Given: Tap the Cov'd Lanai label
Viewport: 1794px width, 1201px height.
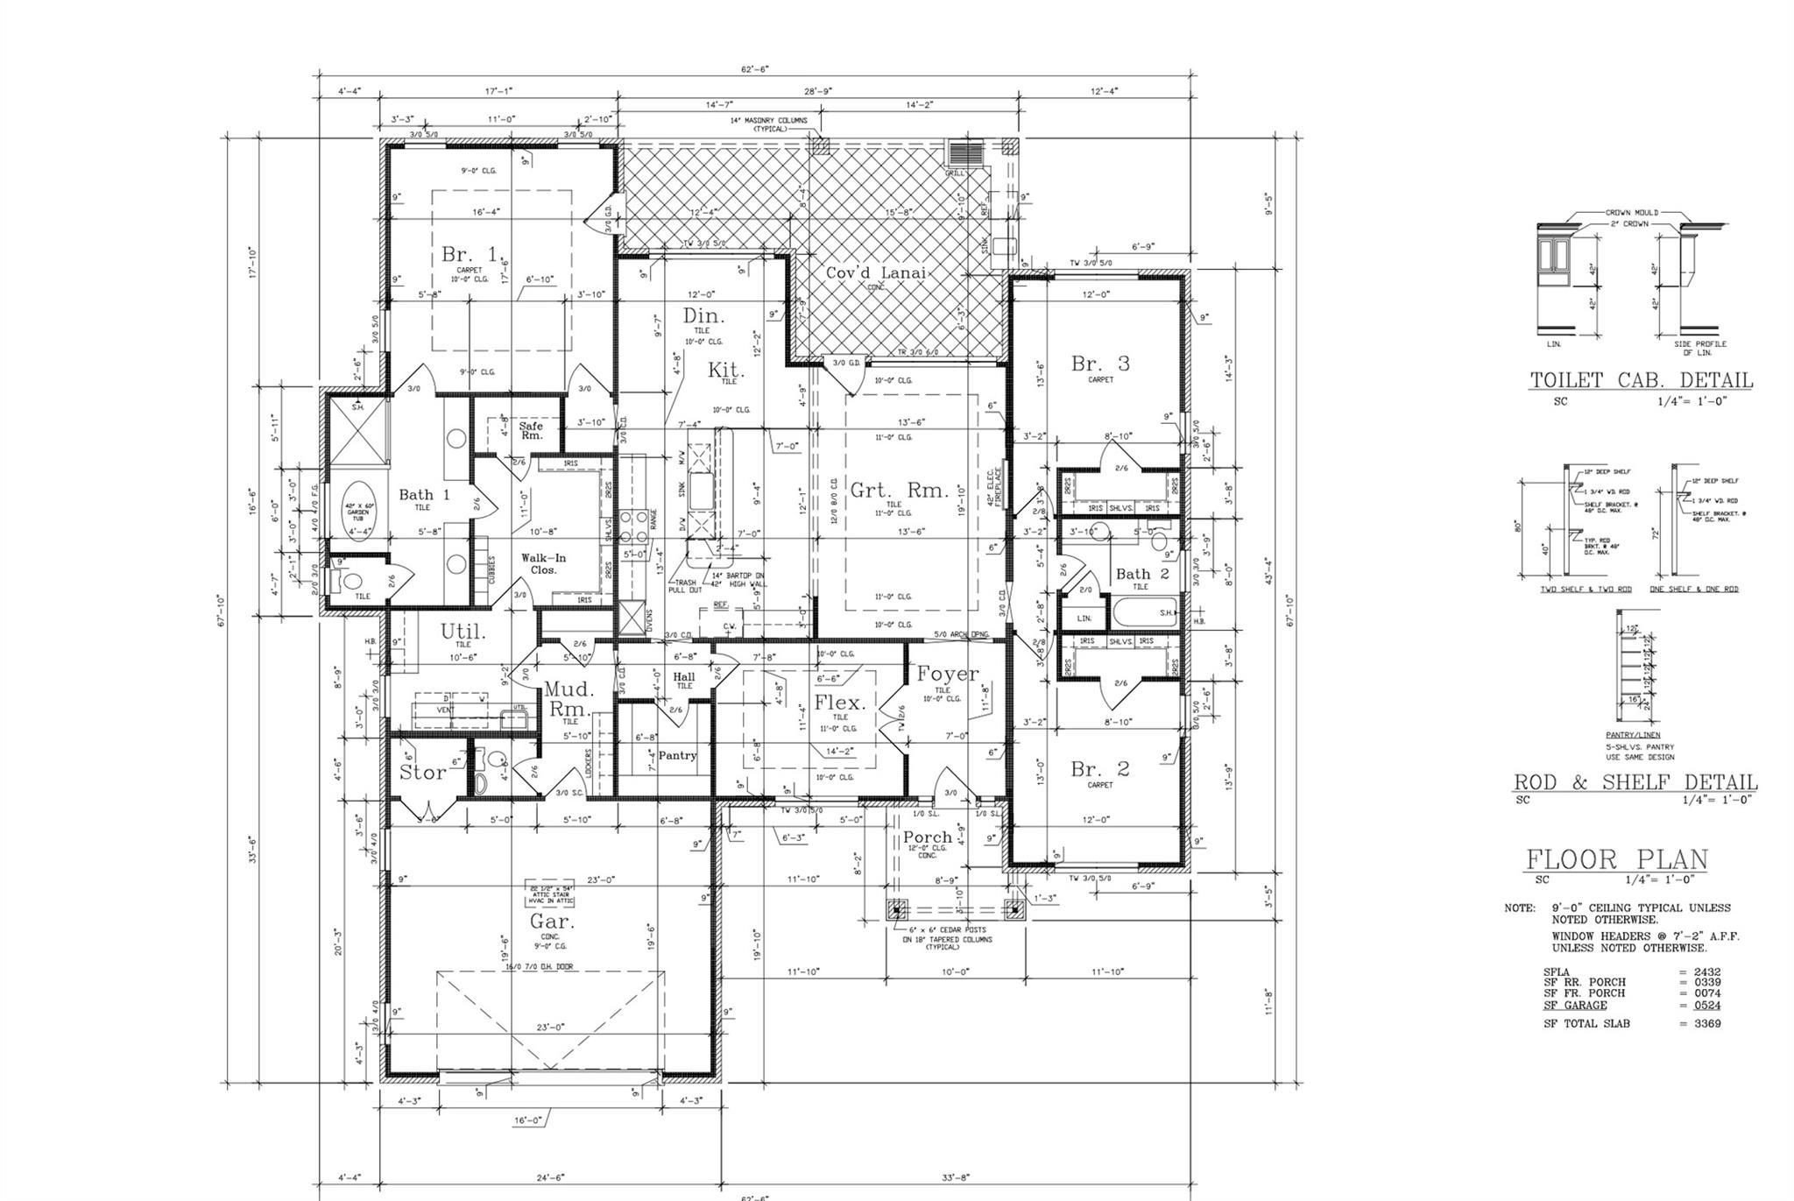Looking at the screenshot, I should (876, 273).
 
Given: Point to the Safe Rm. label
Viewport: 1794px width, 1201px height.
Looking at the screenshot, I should (532, 430).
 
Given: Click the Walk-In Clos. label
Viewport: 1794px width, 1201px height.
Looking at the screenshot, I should (544, 563).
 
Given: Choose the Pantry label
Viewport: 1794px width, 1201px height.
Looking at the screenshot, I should (677, 755).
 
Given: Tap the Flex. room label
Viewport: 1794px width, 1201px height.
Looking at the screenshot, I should (839, 703).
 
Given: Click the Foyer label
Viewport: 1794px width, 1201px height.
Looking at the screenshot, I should (947, 674).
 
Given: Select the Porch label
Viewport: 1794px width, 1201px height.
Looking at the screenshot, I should (928, 837).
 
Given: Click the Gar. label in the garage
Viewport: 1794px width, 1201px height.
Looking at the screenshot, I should (552, 922).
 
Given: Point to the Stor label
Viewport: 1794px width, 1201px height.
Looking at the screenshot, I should (423, 773).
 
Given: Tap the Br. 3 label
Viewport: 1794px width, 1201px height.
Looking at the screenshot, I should (1100, 364).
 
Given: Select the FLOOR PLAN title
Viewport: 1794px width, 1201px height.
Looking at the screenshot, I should (1617, 859).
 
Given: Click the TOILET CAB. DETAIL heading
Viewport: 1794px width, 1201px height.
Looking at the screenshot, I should (1641, 380).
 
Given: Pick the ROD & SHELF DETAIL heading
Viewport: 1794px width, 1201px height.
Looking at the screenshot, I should (1635, 782).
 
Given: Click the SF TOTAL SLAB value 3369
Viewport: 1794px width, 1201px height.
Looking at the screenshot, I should (1707, 1023).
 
